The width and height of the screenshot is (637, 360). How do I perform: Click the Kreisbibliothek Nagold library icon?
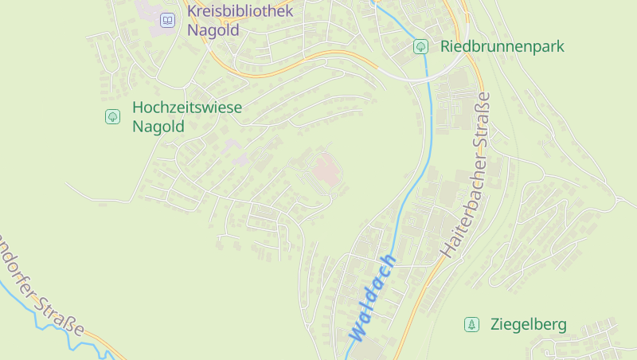point(167,20)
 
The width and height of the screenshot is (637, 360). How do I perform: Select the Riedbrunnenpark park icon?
point(420,46)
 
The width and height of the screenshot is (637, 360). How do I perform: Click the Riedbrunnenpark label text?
point(502,46)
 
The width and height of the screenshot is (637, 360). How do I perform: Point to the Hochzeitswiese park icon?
point(112,116)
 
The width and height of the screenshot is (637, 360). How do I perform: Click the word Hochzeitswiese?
point(187,107)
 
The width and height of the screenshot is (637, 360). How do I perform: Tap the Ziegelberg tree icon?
point(472,324)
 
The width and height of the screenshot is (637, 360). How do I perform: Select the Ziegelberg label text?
point(529,324)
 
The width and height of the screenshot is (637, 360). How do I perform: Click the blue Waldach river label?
point(372,299)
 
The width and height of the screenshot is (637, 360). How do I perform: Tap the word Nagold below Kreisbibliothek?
point(213,31)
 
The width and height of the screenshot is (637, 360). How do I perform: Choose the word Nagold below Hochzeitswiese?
point(158,127)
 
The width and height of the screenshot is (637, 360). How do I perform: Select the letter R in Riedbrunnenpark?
point(445,46)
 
